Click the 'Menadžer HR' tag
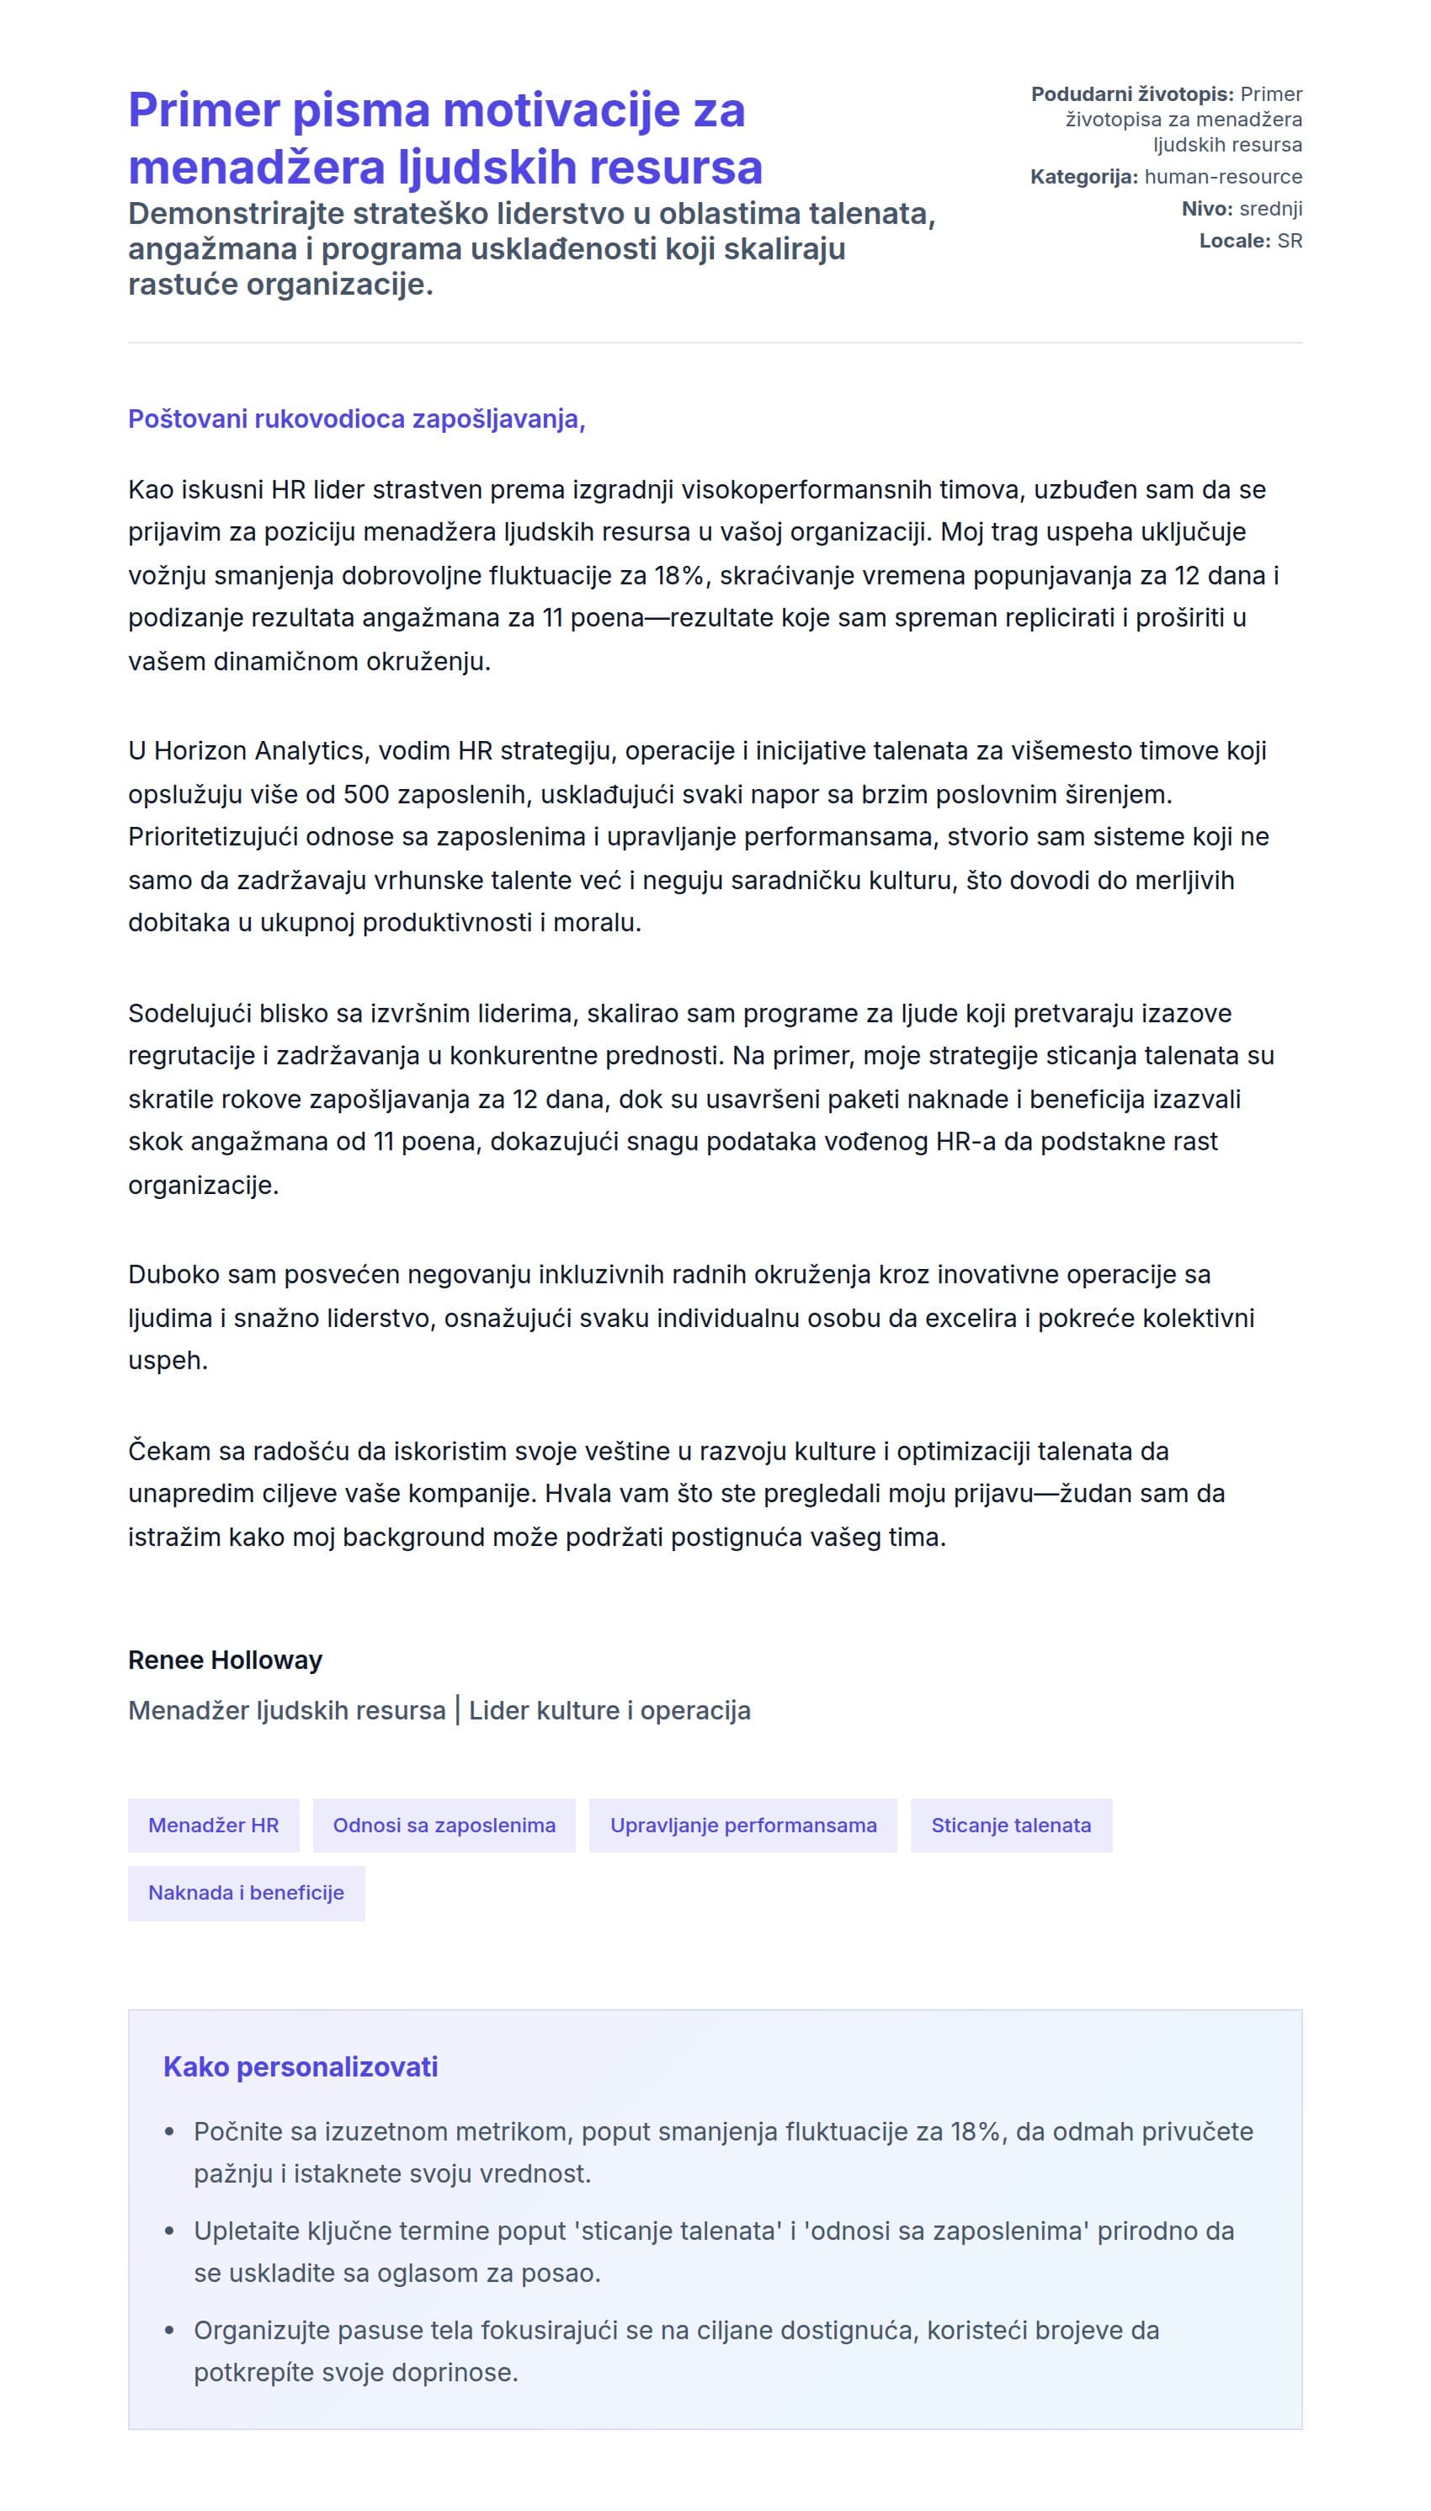tap(213, 1825)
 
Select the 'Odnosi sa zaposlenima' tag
tap(444, 1825)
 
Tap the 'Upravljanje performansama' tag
tap(742, 1825)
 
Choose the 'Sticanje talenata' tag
tap(1010, 1825)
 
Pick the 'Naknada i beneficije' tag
tap(246, 1893)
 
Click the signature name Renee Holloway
tap(225, 1660)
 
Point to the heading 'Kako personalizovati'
tap(300, 2066)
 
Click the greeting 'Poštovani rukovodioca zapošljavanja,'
tap(357, 418)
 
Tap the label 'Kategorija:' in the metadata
tap(1083, 177)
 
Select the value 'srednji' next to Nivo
tap(1270, 209)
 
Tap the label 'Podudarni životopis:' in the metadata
tap(1131, 94)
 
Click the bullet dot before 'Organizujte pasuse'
tap(169, 2331)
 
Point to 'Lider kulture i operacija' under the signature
tap(609, 1711)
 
